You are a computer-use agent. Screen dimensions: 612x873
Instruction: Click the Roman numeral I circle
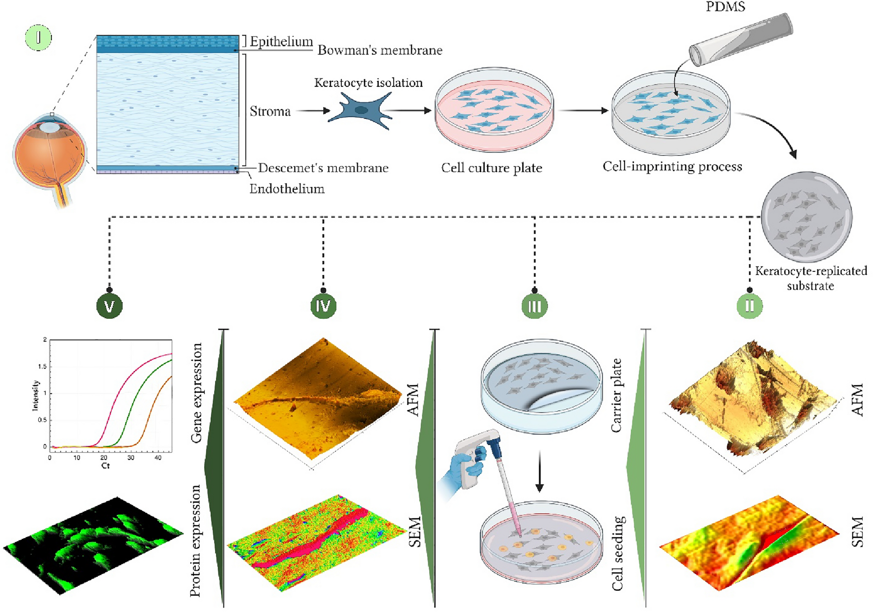pos(38,38)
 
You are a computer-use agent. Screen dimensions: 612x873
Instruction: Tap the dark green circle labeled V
pos(109,306)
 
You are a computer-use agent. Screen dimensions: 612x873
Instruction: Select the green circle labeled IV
pos(323,306)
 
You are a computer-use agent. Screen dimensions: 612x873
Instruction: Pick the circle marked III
pos(535,306)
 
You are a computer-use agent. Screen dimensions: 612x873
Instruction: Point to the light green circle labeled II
pos(749,306)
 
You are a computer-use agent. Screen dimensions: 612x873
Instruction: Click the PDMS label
pos(726,7)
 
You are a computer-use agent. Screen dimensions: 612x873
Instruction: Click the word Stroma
pos(270,112)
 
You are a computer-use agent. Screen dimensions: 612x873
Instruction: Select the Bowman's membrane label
pos(380,50)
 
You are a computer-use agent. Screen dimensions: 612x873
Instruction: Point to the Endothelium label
pos(287,189)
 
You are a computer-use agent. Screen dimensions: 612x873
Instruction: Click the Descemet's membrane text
pos(323,168)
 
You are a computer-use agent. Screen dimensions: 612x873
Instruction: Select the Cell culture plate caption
pos(491,168)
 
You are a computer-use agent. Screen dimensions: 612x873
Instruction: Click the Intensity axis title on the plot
pos(36,395)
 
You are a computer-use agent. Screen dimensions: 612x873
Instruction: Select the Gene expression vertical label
pos(196,392)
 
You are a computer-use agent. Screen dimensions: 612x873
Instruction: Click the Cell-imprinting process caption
pos(672,167)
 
